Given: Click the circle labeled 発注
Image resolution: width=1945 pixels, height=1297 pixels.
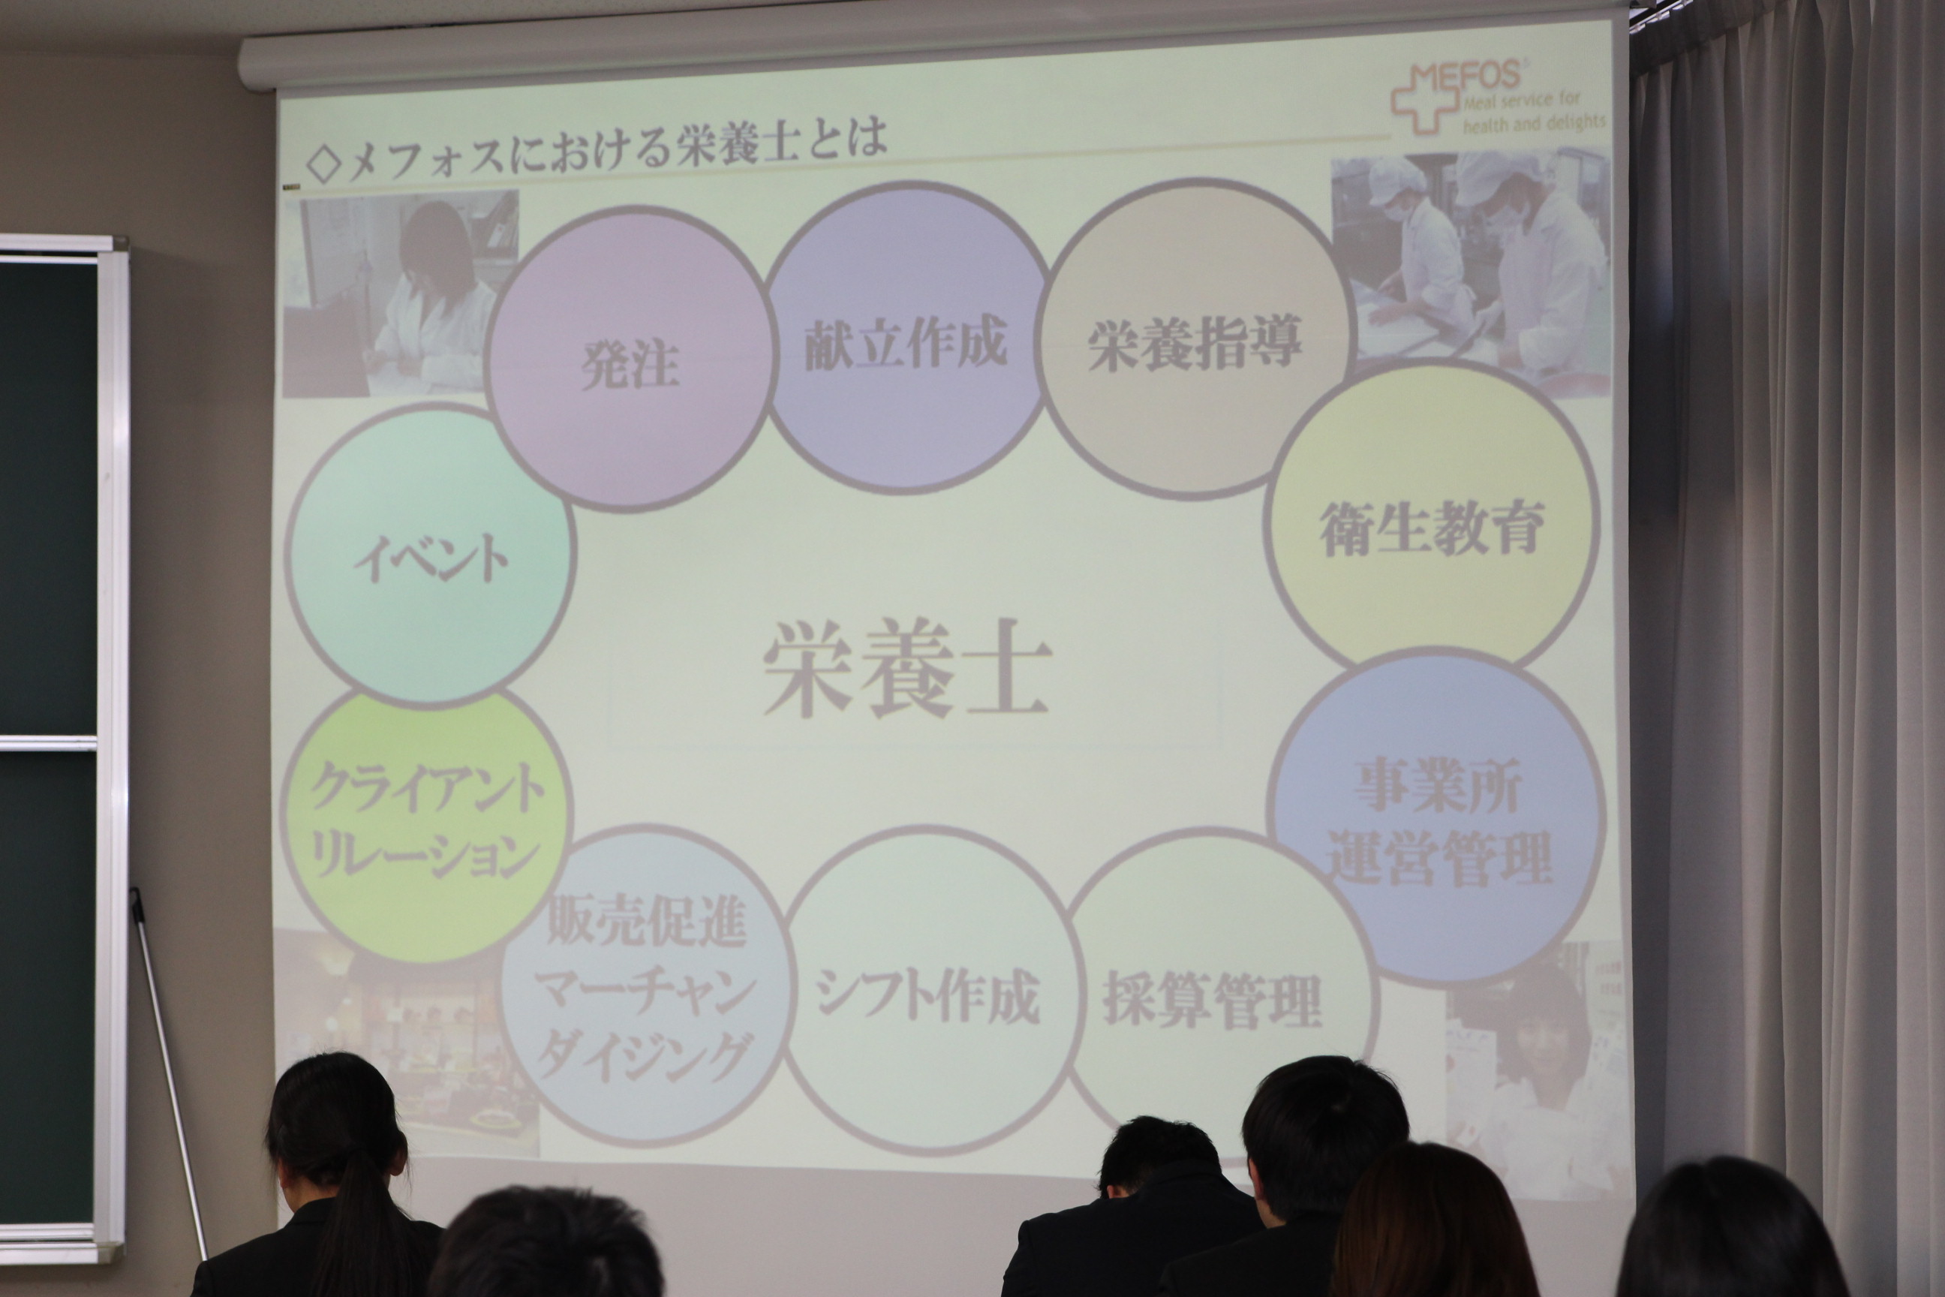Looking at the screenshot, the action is pyautogui.click(x=630, y=357).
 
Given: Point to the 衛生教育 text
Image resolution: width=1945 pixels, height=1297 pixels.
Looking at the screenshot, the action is pyautogui.click(x=1432, y=528).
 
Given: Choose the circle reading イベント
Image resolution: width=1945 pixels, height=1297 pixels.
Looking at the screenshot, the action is pyautogui.click(x=429, y=556).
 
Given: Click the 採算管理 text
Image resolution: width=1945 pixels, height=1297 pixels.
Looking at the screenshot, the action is pyautogui.click(x=1213, y=1000).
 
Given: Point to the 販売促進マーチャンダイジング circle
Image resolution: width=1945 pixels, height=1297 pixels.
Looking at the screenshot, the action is pyautogui.click(x=647, y=984).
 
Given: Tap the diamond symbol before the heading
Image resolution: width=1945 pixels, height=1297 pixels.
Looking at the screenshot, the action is pyautogui.click(x=323, y=162).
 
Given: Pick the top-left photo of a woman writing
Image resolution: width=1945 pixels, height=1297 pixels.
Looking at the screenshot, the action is pyautogui.click(x=401, y=293).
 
